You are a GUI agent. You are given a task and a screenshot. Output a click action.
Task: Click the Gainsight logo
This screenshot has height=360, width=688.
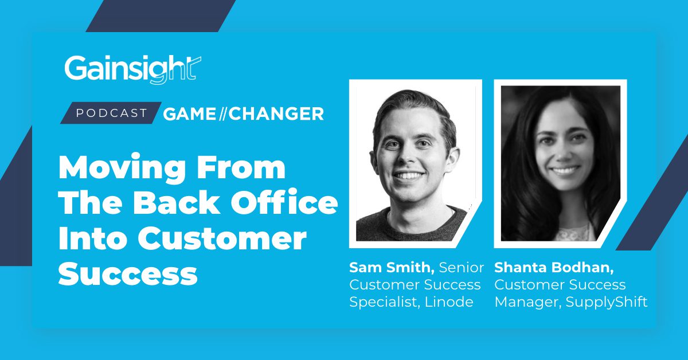[132, 69]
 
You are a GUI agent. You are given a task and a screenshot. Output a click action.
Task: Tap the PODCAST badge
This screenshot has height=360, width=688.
[111, 113]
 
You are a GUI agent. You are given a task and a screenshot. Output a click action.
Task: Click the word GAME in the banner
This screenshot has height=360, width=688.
[190, 114]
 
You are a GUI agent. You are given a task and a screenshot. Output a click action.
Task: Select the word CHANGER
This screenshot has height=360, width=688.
[276, 114]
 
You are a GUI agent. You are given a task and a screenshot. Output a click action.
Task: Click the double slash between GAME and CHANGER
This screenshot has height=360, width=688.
[222, 114]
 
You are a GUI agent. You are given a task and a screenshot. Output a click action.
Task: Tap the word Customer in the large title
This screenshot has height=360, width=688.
[222, 239]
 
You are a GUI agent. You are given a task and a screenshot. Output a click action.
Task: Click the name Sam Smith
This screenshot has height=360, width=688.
[392, 268]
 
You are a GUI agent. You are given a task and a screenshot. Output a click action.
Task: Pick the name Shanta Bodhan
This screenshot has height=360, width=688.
[554, 268]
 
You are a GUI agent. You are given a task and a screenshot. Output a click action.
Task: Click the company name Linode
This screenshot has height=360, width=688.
[449, 302]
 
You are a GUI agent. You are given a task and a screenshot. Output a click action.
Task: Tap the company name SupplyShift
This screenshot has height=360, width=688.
[607, 303]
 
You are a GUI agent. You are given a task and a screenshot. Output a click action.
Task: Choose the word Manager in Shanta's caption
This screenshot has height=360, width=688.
[528, 303]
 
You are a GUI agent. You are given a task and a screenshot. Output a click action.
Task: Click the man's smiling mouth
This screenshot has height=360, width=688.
[409, 175]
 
